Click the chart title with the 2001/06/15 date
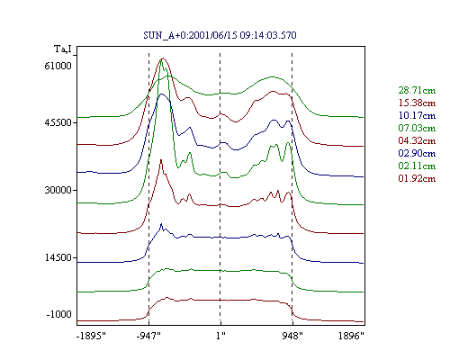220,35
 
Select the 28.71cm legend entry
417,90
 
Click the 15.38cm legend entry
417,103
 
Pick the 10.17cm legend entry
417,115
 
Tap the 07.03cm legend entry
417,128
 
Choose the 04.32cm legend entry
417,140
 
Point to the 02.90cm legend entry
417,153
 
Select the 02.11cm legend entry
417,166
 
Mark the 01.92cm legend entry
417,178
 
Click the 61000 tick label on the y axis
58,66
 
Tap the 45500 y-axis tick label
58,122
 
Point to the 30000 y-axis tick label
58,190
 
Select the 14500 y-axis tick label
58,257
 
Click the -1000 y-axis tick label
58,314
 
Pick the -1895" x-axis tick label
91,336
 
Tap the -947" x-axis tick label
148,336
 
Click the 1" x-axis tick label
220,336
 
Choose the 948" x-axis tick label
292,336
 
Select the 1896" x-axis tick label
351,336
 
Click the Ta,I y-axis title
63,49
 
